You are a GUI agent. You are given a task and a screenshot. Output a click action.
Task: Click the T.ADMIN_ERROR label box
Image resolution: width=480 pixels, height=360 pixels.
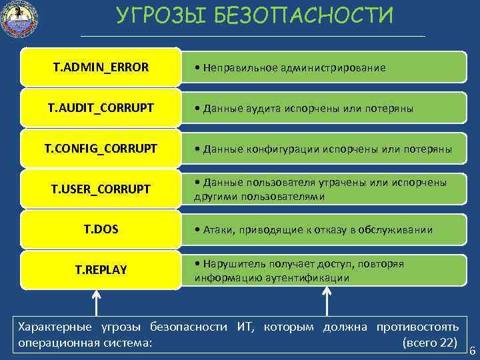tap(101, 67)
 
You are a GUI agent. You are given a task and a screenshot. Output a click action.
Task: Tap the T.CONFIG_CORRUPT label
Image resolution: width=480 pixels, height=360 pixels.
tap(101, 148)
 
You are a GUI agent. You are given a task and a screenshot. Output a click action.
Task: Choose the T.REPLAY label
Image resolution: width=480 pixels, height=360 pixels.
tap(101, 269)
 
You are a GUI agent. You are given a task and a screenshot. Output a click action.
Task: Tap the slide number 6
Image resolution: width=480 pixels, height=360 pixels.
tap(473, 351)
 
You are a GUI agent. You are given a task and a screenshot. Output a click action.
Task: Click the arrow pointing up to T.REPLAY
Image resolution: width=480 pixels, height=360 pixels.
tap(96, 302)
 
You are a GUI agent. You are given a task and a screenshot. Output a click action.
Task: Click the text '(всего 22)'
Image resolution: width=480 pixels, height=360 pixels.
tap(431, 342)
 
